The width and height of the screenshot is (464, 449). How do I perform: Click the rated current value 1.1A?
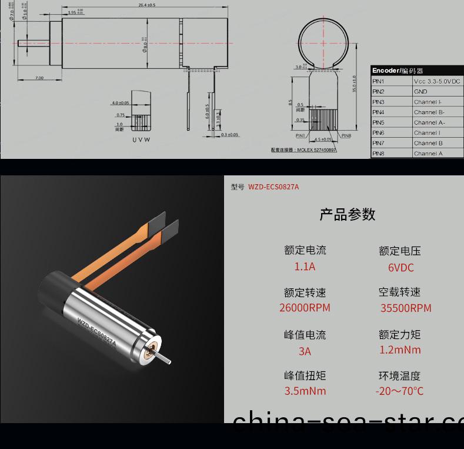[305, 267]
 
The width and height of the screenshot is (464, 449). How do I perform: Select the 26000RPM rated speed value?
[305, 308]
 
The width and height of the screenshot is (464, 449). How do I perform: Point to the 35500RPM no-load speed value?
[406, 308]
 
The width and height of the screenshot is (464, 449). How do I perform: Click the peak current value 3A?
[305, 351]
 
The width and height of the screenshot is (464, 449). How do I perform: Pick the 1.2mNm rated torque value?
[399, 350]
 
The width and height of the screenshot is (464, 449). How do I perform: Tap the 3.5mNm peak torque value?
[305, 391]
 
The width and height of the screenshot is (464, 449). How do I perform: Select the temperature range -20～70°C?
[399, 391]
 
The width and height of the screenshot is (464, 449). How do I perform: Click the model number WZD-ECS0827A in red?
[273, 187]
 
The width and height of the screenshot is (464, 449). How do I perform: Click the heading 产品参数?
[347, 214]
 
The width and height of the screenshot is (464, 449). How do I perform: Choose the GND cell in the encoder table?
[420, 92]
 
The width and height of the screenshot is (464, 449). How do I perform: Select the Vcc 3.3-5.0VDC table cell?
[437, 81]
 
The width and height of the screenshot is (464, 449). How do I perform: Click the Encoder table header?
[398, 71]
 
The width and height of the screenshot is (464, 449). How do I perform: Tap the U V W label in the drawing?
[141, 139]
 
